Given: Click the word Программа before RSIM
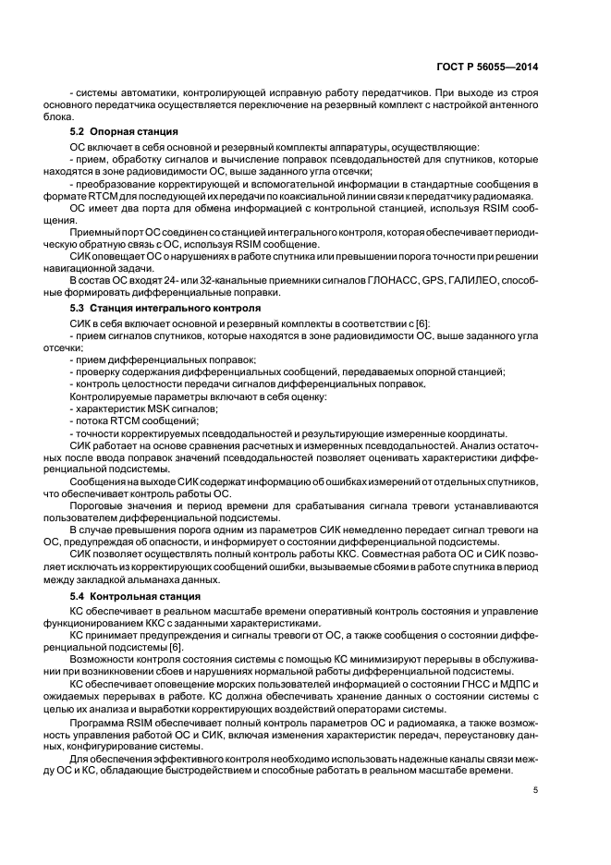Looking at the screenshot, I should pyautogui.click(x=100, y=718).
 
